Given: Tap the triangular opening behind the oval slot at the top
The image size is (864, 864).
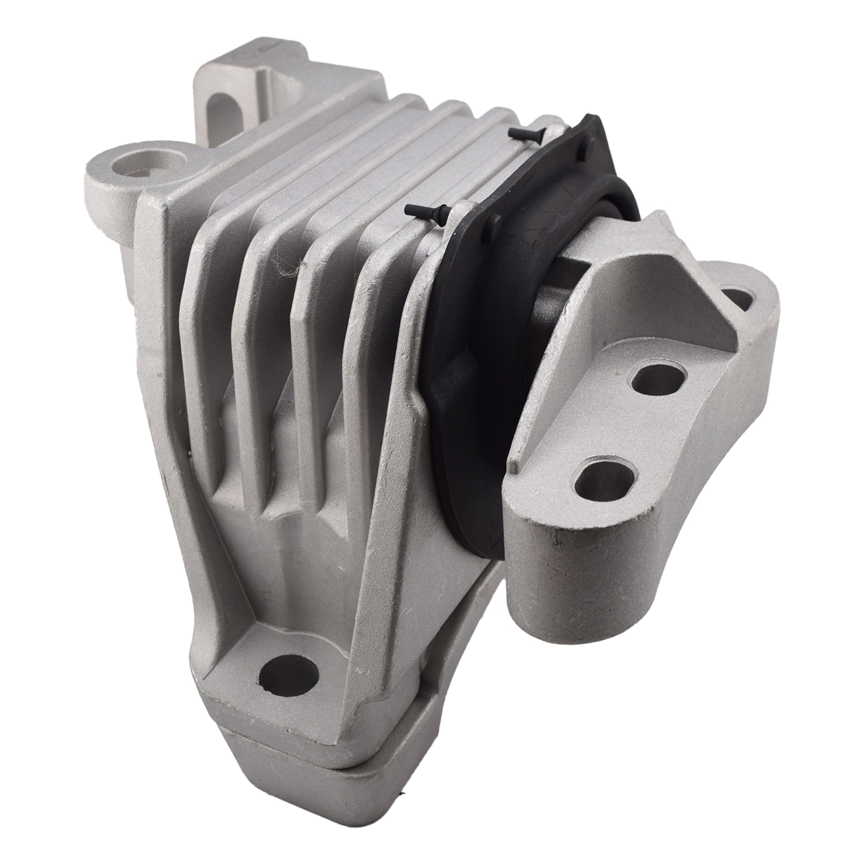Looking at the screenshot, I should tap(286, 90).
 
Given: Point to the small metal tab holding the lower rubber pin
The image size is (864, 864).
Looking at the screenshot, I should tap(461, 210).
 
